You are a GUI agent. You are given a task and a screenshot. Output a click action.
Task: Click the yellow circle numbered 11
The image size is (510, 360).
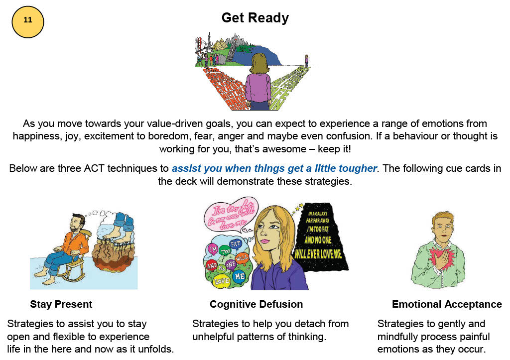[28, 21]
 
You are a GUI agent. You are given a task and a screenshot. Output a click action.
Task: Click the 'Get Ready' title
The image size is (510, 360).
[255, 18]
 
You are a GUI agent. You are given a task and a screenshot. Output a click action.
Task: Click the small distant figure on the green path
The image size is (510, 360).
[306, 60]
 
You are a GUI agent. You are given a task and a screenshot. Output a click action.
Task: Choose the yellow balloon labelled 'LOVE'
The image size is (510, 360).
[221, 281]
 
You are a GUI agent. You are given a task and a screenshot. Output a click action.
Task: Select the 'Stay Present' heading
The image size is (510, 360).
[61, 304]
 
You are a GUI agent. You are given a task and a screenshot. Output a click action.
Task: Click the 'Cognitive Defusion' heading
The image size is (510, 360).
[256, 304]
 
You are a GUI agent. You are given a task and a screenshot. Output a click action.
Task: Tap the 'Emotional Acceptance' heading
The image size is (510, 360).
[447, 304]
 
